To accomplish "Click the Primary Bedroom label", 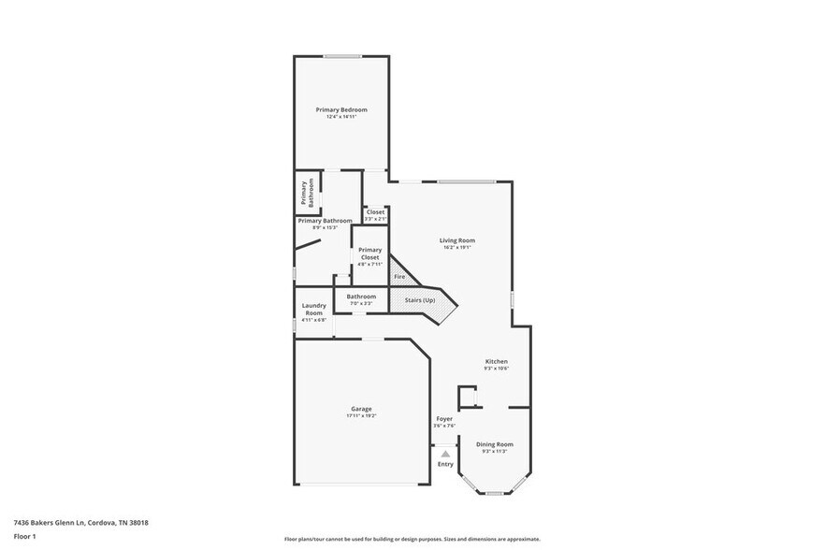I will [x=341, y=109].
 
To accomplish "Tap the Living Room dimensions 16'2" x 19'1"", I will [x=457, y=248].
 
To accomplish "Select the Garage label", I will [x=361, y=409].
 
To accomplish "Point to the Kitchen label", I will [x=496, y=361].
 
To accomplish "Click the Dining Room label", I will [x=495, y=444].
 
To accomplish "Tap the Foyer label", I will [x=444, y=419].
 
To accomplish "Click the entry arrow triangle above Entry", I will [x=445, y=454].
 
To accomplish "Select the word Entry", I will [x=445, y=464].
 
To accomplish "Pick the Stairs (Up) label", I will [x=420, y=300].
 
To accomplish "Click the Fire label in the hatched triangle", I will [x=399, y=277].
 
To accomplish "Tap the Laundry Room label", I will [x=313, y=309].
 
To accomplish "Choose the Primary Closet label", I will [x=370, y=253].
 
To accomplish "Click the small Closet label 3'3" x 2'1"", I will [x=375, y=212].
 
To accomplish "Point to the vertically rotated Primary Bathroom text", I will [x=308, y=193].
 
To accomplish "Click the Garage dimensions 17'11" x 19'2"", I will [x=361, y=415].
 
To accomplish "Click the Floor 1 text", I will [x=24, y=536].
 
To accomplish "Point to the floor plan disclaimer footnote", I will [x=412, y=540].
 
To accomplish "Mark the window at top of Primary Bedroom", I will [x=342, y=56].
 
